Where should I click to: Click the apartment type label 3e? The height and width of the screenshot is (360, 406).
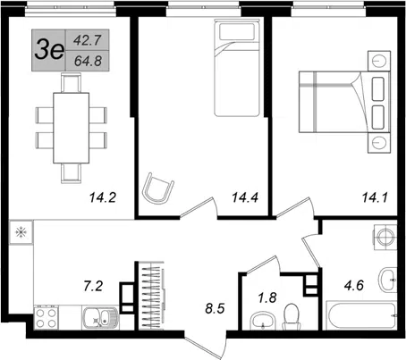click(49, 50)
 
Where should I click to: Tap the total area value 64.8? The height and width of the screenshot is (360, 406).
click(88, 61)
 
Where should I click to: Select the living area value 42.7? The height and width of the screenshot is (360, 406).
click(88, 40)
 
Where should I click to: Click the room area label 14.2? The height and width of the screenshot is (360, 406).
click(103, 197)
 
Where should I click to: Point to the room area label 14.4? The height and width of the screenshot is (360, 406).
click(245, 197)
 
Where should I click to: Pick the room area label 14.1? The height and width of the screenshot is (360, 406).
click(375, 197)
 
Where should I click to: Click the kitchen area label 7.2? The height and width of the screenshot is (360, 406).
click(93, 286)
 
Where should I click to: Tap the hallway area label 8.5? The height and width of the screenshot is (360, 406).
click(215, 308)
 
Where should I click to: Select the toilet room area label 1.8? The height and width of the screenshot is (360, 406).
click(267, 297)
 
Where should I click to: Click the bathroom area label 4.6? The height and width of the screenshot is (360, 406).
click(354, 286)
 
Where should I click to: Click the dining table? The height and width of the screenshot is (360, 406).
click(72, 128)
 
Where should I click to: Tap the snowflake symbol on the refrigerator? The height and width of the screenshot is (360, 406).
click(21, 232)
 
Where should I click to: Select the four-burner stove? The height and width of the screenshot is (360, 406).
click(47, 318)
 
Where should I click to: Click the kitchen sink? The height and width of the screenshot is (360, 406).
click(100, 318)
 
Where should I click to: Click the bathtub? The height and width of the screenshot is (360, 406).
click(361, 315)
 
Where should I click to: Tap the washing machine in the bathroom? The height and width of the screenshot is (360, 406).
click(385, 238)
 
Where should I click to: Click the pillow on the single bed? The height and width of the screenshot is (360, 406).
click(237, 31)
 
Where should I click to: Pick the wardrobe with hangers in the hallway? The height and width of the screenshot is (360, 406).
click(151, 296)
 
